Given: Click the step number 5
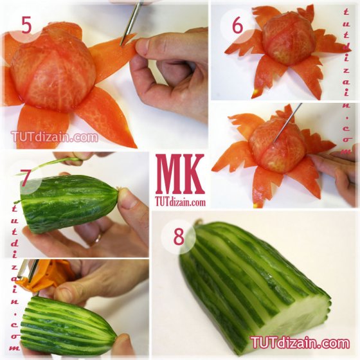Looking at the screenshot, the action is [x=26, y=25].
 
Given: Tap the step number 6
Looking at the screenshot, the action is [x=237, y=26].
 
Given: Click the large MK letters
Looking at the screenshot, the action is [x=180, y=174].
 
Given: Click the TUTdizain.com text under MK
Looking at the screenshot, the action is [x=180, y=203].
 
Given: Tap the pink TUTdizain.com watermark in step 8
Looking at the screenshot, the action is [x=300, y=343].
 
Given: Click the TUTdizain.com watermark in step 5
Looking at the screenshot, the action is [x=55, y=137].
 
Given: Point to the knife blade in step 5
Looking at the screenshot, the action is [x=131, y=23].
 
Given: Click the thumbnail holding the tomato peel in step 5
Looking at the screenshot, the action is [x=142, y=46].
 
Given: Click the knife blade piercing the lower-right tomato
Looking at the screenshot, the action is [x=287, y=123].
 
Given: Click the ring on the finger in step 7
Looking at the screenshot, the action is [x=98, y=238].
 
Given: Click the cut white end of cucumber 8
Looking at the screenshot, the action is [x=296, y=321].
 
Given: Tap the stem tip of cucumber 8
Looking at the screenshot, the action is [x=199, y=222].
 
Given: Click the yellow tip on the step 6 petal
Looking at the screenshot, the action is [x=255, y=93].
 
